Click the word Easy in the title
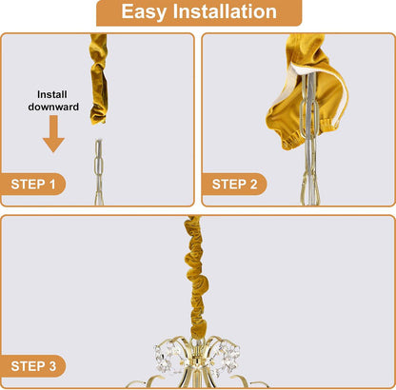click(144, 11)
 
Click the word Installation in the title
click(225, 11)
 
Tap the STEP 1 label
click(33, 185)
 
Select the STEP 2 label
click(234, 185)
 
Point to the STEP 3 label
click(33, 366)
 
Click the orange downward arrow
click(53, 133)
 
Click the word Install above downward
click(52, 94)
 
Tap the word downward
click(53, 107)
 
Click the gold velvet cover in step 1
click(99, 79)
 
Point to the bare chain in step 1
click(99, 171)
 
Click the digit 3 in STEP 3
click(52, 366)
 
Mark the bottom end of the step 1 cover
click(98, 122)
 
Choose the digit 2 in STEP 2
click(253, 185)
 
